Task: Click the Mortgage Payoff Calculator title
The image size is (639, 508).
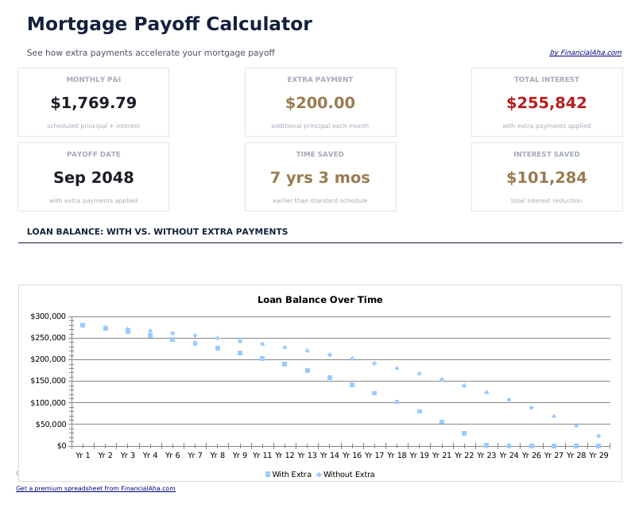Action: (169, 24)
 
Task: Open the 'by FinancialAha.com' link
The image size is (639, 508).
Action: (585, 53)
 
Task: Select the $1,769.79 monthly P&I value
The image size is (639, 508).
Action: (93, 103)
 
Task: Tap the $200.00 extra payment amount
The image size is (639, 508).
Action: (319, 103)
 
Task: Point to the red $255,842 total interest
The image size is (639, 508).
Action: (546, 103)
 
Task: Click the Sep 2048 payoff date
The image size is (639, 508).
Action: (93, 178)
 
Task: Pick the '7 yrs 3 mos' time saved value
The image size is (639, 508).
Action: (319, 178)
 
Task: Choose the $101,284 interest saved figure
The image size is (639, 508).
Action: (546, 178)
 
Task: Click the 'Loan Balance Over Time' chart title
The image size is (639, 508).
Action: (319, 300)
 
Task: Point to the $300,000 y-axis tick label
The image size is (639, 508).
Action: (48, 316)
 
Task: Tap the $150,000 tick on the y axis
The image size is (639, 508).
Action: (48, 382)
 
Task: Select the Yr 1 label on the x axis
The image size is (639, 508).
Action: (83, 456)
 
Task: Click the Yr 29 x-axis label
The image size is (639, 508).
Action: (598, 456)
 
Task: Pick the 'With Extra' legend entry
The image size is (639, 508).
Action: (288, 475)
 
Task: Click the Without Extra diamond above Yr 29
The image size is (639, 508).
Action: (598, 436)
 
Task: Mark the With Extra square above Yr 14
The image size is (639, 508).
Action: (330, 378)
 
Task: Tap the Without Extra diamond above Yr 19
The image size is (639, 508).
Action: (419, 374)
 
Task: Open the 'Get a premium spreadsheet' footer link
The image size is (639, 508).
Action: (95, 489)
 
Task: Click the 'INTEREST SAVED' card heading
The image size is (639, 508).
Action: (546, 154)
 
